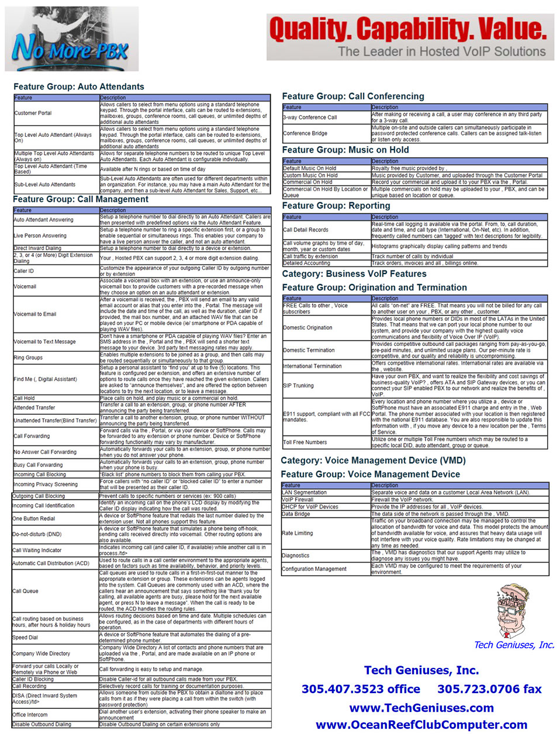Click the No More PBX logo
click(71, 40)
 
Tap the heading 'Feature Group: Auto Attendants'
click(79, 86)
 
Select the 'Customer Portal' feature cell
click(33, 113)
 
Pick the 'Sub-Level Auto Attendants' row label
click(45, 185)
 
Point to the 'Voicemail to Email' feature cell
click(35, 314)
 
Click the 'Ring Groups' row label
click(28, 357)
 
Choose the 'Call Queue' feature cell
click(26, 591)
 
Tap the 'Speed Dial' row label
click(25, 638)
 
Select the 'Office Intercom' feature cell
click(30, 715)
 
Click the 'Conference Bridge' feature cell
click(305, 133)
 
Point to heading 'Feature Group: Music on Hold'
click(345, 150)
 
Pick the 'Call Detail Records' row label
click(306, 230)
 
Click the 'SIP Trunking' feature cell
click(299, 386)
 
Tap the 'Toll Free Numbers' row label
click(305, 442)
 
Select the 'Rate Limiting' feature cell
click(298, 533)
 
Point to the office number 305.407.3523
click(361, 689)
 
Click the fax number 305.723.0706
click(489, 689)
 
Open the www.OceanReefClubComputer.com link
click(421, 725)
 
